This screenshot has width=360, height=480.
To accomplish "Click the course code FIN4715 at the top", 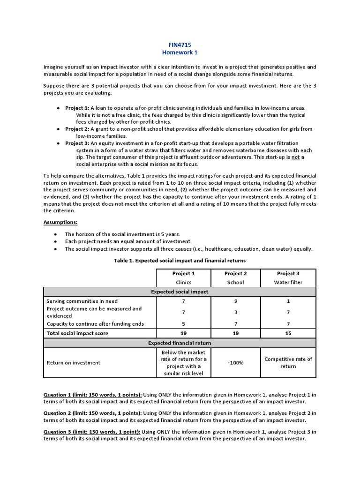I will pyautogui.click(x=180, y=45).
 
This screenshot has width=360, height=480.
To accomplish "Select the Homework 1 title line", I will pyautogui.click(x=180, y=53).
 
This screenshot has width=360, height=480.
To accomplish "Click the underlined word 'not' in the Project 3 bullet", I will pyautogui.click(x=295, y=157).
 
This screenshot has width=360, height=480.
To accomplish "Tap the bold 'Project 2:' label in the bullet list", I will pyautogui.click(x=77, y=129).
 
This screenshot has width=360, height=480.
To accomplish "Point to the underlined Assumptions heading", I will pyautogui.click(x=61, y=222).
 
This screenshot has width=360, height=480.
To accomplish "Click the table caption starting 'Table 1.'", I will pyautogui.click(x=180, y=260).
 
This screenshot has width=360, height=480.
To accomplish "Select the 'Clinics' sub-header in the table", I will pyautogui.click(x=183, y=283).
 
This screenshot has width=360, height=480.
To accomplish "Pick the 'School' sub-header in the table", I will pyautogui.click(x=236, y=283).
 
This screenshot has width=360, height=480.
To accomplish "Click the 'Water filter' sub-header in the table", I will pyautogui.click(x=288, y=283).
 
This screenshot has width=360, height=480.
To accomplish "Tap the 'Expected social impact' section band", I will pyautogui.click(x=180, y=292).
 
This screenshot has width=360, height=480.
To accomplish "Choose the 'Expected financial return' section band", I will pyautogui.click(x=180, y=343).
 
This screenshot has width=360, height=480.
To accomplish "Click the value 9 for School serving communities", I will pyautogui.click(x=236, y=301).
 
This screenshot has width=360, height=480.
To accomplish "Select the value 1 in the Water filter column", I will pyautogui.click(x=288, y=301).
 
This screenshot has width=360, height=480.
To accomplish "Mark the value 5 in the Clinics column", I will pyautogui.click(x=183, y=324).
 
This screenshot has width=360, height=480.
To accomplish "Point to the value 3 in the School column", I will pyautogui.click(x=236, y=312).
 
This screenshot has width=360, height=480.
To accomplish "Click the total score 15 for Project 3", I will pyautogui.click(x=288, y=333).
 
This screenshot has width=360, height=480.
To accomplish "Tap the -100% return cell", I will pyautogui.click(x=236, y=362).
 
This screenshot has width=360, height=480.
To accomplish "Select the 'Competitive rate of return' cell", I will pyautogui.click(x=288, y=362).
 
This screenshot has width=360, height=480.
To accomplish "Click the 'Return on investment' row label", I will pyautogui.click(x=74, y=362).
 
